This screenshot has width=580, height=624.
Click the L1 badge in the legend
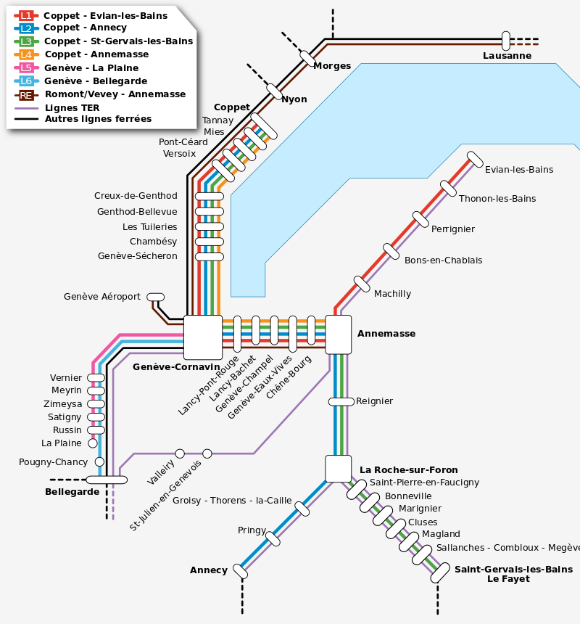pos(26,15)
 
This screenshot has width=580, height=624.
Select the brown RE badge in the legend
pos(26,94)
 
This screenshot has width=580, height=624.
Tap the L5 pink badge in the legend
pos(26,68)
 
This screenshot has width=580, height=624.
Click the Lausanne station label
pos(507,56)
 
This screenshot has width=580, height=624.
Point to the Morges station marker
pos(307,57)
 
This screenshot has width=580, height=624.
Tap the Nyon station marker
pos(274,91)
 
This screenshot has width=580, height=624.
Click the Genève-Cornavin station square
pos(203,337)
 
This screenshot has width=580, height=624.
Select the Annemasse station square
pos(338,334)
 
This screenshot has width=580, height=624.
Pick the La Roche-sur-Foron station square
pos(338,469)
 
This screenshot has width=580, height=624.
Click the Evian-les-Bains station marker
pos(475,159)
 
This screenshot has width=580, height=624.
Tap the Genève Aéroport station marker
pos(155,297)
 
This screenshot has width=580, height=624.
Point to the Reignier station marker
pos(341,402)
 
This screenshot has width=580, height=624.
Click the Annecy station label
pos(209,570)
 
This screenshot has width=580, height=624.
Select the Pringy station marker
pos(273,538)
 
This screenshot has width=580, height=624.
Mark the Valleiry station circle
pos(180,453)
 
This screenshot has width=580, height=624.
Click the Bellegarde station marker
pos(107,480)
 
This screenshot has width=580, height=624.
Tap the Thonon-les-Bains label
pos(497,199)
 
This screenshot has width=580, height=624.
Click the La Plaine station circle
pos(93,443)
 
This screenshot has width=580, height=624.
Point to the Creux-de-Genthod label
pos(136,196)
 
